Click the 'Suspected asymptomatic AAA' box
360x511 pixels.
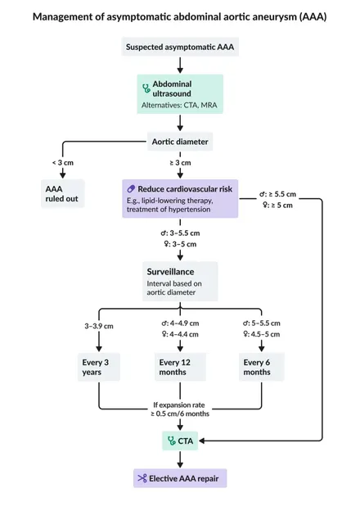point(180,47)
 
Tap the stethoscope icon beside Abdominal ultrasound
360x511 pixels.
point(146,88)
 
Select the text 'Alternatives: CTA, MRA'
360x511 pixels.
point(179,106)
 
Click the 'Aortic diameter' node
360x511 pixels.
point(180,142)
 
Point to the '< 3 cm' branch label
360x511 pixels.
point(63,163)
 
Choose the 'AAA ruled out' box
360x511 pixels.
point(63,193)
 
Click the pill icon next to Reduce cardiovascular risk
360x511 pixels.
point(131,188)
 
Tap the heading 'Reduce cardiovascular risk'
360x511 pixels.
point(185,189)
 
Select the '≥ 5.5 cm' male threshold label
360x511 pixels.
point(277,194)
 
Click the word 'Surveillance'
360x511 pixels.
point(170,272)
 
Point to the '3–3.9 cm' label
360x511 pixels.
point(99,326)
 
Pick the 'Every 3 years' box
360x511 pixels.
point(99,367)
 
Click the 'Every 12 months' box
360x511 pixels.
point(180,367)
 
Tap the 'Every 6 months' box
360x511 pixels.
point(261,367)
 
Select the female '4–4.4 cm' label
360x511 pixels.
point(180,334)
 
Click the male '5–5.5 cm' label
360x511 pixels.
point(261,323)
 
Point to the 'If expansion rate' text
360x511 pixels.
point(179,405)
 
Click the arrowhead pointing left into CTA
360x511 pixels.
point(202,441)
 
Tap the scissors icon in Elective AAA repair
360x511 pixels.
point(142,478)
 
